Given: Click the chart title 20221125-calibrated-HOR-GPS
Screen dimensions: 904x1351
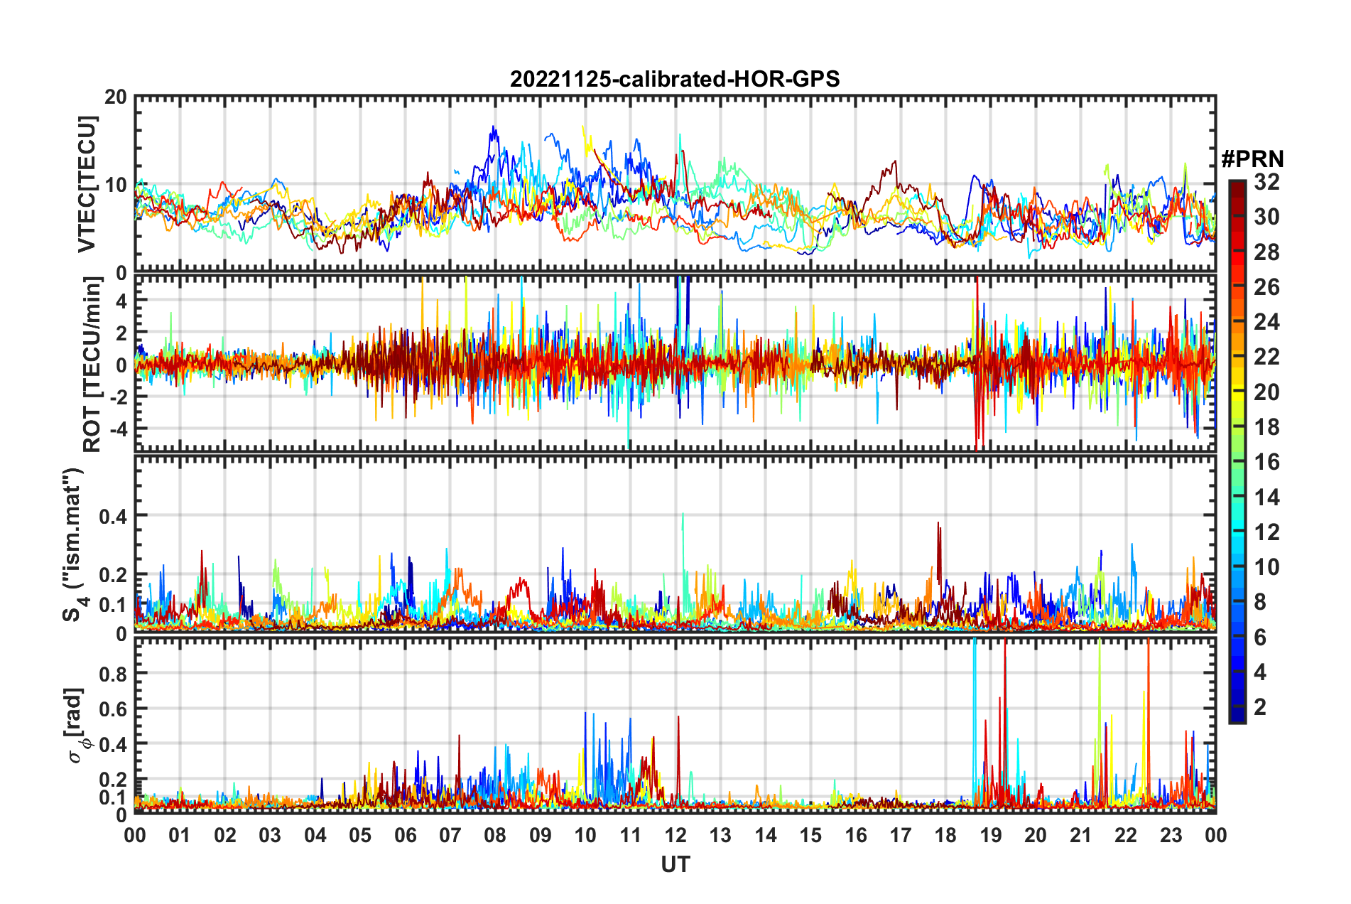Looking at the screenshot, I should click(x=675, y=79).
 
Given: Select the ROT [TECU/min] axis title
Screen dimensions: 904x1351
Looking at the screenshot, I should click(x=92, y=365).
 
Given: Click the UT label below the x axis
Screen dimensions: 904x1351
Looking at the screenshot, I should click(x=675, y=864).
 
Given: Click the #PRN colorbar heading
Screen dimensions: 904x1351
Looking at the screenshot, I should click(x=1252, y=159).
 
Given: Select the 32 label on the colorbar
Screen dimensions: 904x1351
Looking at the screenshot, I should click(x=1266, y=182).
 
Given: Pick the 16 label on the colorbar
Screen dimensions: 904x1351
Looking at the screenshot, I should click(x=1266, y=462).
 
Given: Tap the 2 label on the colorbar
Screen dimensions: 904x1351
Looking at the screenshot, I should click(x=1261, y=706).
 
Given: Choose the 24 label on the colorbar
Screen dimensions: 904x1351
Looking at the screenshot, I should click(x=1266, y=322).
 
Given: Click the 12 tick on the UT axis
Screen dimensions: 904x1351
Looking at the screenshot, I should click(x=675, y=835).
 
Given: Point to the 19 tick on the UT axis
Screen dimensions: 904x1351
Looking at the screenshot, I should click(x=990, y=835).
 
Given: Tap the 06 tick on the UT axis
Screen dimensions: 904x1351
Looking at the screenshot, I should click(x=405, y=835).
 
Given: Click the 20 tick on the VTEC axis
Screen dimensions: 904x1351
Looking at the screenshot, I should click(x=116, y=97).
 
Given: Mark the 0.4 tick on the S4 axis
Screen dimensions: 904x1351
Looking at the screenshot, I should click(x=113, y=516).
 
